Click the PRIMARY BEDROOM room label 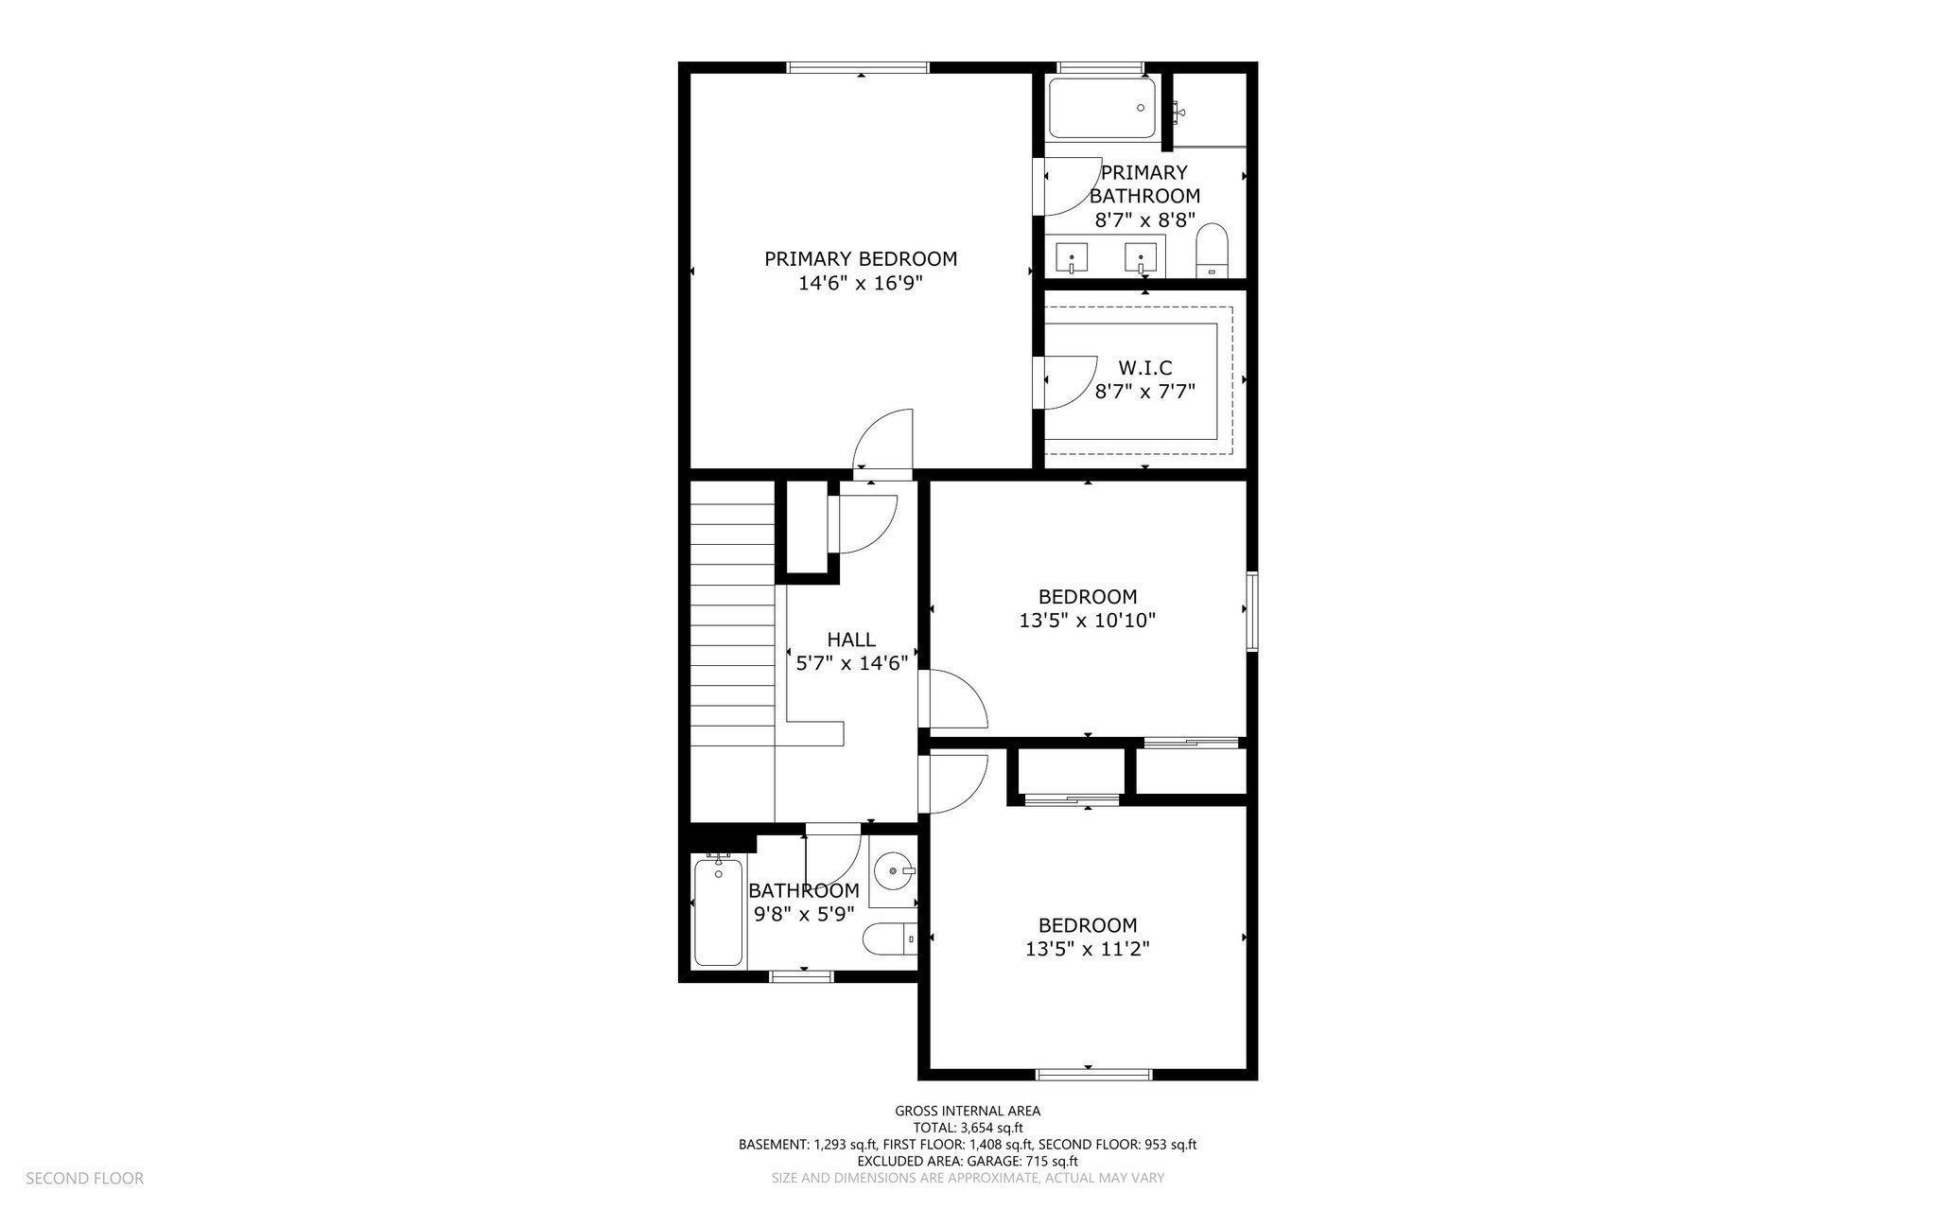(x=860, y=258)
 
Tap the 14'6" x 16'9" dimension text (x=860, y=283)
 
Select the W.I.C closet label (x=1144, y=367)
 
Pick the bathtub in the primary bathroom (x=1102, y=108)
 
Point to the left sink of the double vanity (x=1072, y=256)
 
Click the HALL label (x=851, y=640)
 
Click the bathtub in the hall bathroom (x=718, y=910)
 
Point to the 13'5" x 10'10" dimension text (x=1088, y=621)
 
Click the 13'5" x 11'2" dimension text (x=1088, y=949)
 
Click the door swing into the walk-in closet (x=1067, y=381)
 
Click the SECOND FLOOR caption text (x=84, y=1178)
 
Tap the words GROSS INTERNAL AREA (x=968, y=1111)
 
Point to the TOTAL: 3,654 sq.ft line (x=968, y=1128)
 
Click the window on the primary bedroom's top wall (x=859, y=67)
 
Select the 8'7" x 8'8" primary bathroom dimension (x=1144, y=219)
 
